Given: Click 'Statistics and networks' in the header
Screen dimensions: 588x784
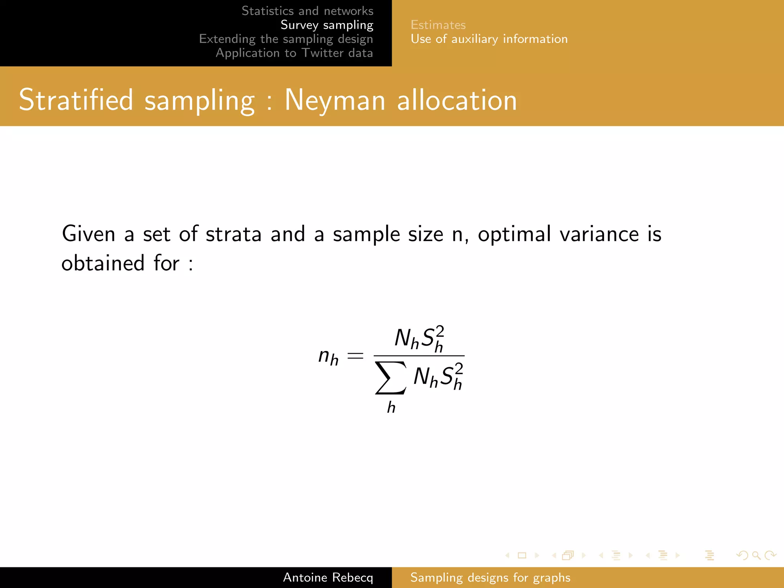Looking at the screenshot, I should pyautogui.click(x=307, y=11).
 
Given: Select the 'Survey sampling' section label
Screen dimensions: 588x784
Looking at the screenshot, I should pyautogui.click(x=327, y=25).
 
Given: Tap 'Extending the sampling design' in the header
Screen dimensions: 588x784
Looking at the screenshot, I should pyautogui.click(x=286, y=39).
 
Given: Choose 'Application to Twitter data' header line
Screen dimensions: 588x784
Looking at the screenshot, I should pyautogui.click(x=294, y=53).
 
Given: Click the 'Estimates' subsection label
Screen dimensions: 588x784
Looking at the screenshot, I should pyautogui.click(x=438, y=25).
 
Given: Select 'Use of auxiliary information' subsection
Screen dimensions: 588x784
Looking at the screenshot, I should pyautogui.click(x=489, y=39).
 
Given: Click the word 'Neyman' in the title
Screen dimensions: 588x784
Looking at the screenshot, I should pyautogui.click(x=335, y=100).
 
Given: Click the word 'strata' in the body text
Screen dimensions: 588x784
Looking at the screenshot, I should pyautogui.click(x=233, y=234).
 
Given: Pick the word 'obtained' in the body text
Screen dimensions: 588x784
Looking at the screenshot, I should pyautogui.click(x=103, y=263).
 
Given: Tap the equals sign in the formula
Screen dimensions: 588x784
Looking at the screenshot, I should pyautogui.click(x=355, y=356).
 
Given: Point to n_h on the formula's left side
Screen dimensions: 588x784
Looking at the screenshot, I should pyautogui.click(x=328, y=356).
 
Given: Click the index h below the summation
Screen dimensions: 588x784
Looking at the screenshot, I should pyautogui.click(x=391, y=407).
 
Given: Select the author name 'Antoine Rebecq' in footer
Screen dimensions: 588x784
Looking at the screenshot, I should pyautogui.click(x=328, y=577).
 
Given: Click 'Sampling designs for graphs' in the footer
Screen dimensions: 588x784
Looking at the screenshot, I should pyautogui.click(x=490, y=577).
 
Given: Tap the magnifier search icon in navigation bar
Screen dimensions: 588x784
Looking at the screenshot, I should pyautogui.click(x=756, y=555).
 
